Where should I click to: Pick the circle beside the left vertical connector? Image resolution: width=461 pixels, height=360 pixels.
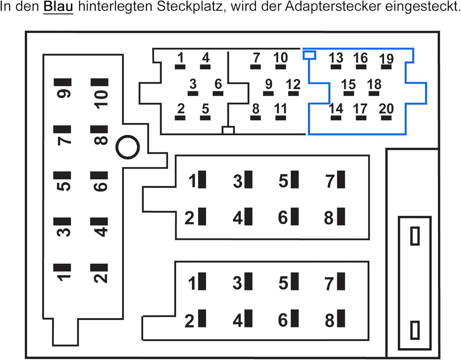128,147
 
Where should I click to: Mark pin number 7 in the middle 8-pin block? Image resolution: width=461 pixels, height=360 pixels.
335,180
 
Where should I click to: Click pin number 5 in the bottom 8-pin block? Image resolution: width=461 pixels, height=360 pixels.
289,282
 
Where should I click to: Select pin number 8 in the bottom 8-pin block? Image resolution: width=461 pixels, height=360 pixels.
335,319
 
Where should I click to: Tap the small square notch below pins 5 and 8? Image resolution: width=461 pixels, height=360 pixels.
228,130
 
